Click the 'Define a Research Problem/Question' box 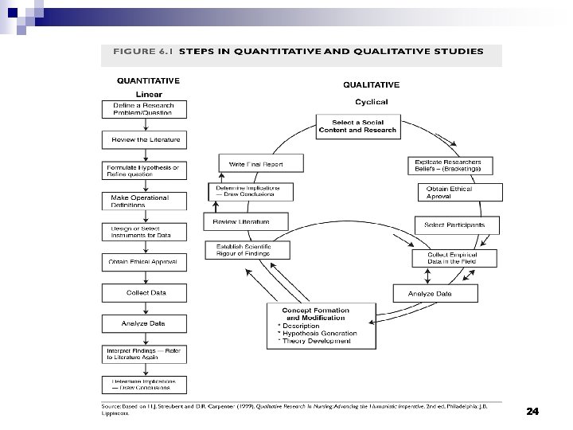point(144,110)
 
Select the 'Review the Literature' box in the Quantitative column point(144,140)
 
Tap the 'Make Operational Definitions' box point(144,200)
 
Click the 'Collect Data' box point(144,292)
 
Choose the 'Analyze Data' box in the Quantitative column point(144,323)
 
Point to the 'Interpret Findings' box point(144,354)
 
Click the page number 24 point(532,412)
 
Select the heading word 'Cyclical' point(371,102)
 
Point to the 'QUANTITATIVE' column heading point(148,80)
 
